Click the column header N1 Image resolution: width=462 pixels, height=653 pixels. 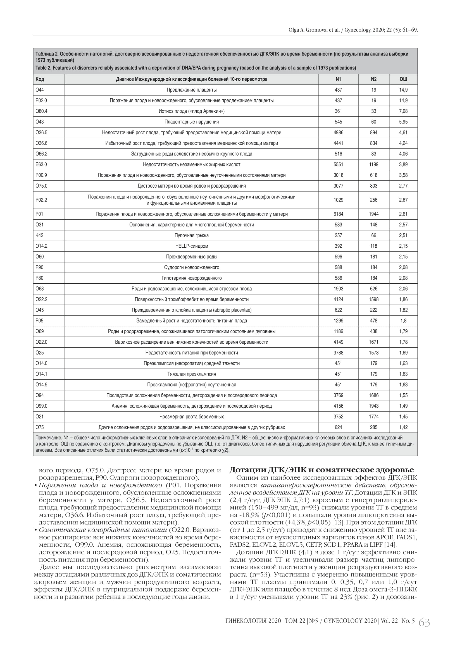[338, 79]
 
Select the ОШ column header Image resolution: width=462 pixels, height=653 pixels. [403, 79]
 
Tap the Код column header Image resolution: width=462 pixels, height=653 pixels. [40, 79]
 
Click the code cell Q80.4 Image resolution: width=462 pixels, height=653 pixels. [42, 111]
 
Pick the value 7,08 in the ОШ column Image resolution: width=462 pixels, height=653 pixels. [403, 111]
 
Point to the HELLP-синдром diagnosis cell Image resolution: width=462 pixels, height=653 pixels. [191, 246]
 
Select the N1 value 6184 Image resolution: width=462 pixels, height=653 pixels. [338, 214]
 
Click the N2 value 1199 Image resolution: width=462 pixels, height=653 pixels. [373, 165]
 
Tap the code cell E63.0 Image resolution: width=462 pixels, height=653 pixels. [41, 165]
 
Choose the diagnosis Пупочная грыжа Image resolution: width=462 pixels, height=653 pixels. [191, 236]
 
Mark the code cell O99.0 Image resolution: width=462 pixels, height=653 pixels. [42, 406]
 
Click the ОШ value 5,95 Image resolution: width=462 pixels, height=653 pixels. [403, 122]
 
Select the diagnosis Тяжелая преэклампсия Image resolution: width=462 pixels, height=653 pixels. [191, 374]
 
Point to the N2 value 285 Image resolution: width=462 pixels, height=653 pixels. [373, 427]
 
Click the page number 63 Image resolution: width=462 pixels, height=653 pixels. [424, 623]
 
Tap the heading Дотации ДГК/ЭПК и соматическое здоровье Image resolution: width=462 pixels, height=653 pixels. [322, 470]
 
